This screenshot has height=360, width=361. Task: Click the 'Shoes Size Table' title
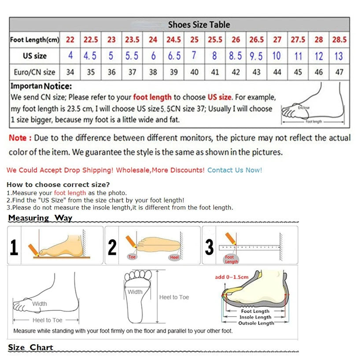(199, 25)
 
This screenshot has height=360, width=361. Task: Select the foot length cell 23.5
(132, 40)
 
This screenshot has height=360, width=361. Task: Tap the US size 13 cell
(339, 56)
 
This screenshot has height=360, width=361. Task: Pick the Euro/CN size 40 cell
(194, 72)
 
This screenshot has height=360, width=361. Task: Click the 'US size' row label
(34, 56)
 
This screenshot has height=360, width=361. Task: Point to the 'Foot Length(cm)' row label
(34, 40)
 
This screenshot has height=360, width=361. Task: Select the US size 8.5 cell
(236, 56)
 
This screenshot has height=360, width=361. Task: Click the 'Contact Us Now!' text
(235, 170)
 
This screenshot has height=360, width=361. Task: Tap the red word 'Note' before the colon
(18, 138)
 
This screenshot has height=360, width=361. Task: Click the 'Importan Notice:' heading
(41, 86)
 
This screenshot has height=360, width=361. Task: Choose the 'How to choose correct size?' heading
(58, 184)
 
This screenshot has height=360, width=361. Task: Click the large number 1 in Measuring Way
(14, 247)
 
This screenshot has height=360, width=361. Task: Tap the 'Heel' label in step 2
(175, 257)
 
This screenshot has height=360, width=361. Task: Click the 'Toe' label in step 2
(132, 257)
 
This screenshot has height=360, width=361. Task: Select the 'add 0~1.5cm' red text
(232, 277)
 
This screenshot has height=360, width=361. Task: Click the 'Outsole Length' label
(256, 323)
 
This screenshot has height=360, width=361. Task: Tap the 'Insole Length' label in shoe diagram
(255, 317)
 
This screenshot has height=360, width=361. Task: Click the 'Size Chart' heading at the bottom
(30, 347)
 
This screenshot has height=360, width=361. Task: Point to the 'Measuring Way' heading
(40, 218)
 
